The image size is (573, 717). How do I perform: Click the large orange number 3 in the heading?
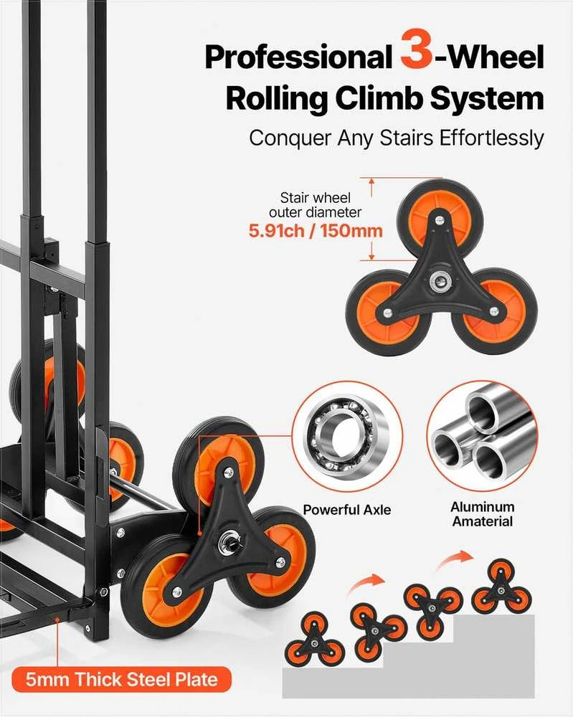416,49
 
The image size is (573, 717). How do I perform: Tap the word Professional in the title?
298,57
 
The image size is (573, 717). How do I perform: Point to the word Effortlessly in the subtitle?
491,138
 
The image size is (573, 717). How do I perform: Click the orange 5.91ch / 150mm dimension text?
316,230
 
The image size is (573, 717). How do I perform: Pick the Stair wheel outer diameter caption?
315,205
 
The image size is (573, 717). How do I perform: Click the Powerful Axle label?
347,510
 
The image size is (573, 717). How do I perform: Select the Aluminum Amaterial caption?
483,514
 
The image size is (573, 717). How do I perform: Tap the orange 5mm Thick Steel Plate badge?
121,679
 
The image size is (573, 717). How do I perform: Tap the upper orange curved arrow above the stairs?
454,561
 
